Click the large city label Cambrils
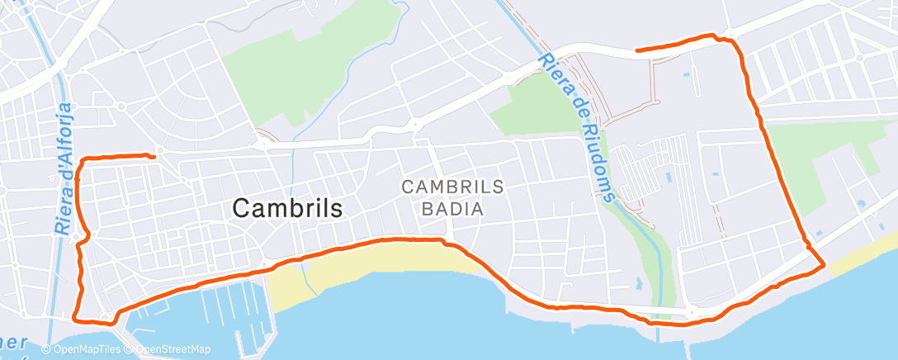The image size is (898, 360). point(287,208)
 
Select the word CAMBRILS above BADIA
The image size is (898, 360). point(451,187)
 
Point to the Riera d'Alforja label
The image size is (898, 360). point(67,169)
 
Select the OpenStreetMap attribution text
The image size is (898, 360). point(172,349)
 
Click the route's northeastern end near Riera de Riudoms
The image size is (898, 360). point(638,50)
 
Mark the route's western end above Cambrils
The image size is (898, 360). point(154,156)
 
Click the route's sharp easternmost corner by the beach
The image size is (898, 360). point(823,265)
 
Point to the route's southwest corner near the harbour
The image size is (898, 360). point(76,317)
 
